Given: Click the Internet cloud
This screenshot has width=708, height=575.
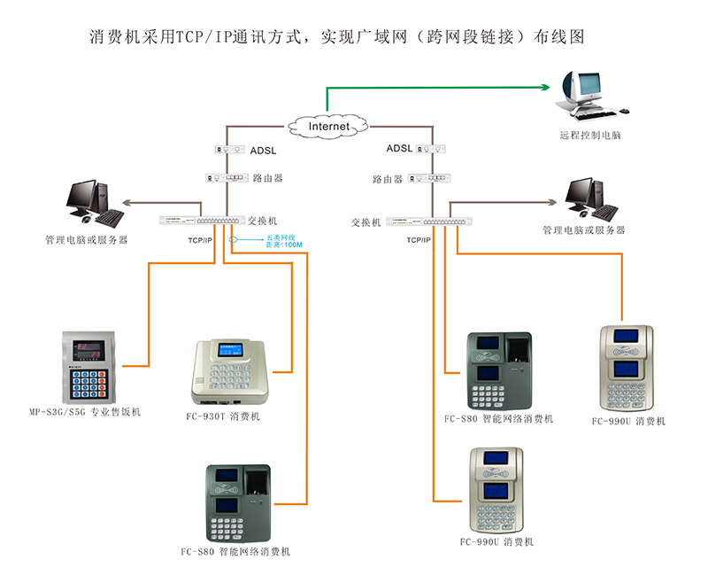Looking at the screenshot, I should pyautogui.click(x=329, y=127).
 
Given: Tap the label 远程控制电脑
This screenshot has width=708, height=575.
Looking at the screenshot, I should pyautogui.click(x=590, y=136).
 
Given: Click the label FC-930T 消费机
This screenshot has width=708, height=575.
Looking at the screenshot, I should pyautogui.click(x=223, y=416).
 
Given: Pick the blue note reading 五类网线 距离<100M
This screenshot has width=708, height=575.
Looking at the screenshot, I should pyautogui.click(x=284, y=241).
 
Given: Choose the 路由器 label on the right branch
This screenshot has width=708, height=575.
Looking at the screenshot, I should pyautogui.click(x=387, y=180).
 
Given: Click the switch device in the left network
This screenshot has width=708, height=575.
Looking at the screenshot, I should pyautogui.click(x=201, y=221).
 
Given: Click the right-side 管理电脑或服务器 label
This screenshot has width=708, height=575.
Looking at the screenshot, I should pyautogui.click(x=583, y=230).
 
